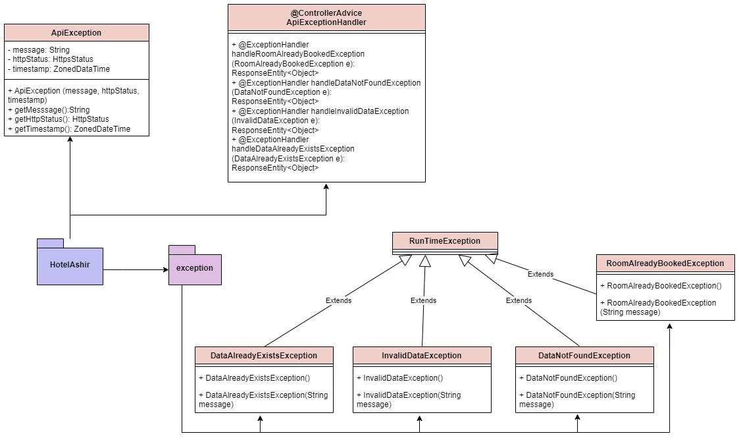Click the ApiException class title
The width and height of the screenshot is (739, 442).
click(76, 33)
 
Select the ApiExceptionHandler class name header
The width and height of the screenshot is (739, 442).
click(326, 18)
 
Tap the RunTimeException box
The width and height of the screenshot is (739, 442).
click(445, 241)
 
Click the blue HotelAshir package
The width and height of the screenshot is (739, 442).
click(70, 265)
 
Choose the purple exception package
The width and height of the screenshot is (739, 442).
click(195, 268)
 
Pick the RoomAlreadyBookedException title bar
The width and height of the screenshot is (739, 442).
click(665, 263)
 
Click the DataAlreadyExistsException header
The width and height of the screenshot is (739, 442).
click(264, 356)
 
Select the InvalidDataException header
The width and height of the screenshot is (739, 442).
click(422, 356)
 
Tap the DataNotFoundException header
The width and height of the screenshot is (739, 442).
click(584, 356)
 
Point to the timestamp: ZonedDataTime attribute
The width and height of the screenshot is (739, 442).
click(59, 69)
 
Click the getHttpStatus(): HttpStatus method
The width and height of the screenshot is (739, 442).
click(59, 119)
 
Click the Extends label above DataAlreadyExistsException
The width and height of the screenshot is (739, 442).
click(338, 300)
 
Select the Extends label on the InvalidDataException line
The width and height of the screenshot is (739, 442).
click(423, 300)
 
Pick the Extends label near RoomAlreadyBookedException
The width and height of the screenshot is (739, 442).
click(540, 274)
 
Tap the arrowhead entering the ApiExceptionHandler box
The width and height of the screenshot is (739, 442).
click(326, 187)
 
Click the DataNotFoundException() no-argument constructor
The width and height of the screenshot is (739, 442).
click(568, 378)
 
